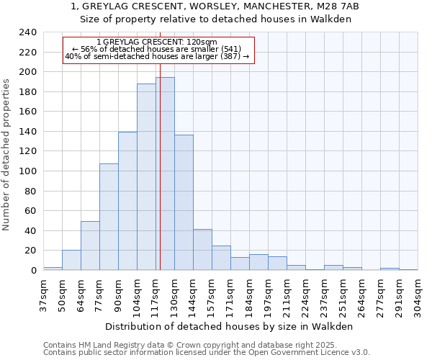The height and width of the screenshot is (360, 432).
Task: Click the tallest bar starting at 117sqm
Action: click(165, 174)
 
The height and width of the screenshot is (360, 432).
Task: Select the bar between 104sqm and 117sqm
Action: click(146, 176)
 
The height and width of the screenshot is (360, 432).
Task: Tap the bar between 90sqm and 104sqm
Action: click(127, 201)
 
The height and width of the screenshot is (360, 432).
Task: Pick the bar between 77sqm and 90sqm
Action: click(109, 217)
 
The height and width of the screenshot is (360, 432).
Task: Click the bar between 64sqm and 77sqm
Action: click(90, 246)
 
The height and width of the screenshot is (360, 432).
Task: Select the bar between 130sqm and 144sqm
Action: click(184, 202)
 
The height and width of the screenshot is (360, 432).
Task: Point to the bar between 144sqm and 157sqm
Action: click(202, 249)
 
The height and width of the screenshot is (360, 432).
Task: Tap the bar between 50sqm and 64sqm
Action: click(71, 260)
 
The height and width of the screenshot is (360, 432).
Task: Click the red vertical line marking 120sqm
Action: click(160, 180)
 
